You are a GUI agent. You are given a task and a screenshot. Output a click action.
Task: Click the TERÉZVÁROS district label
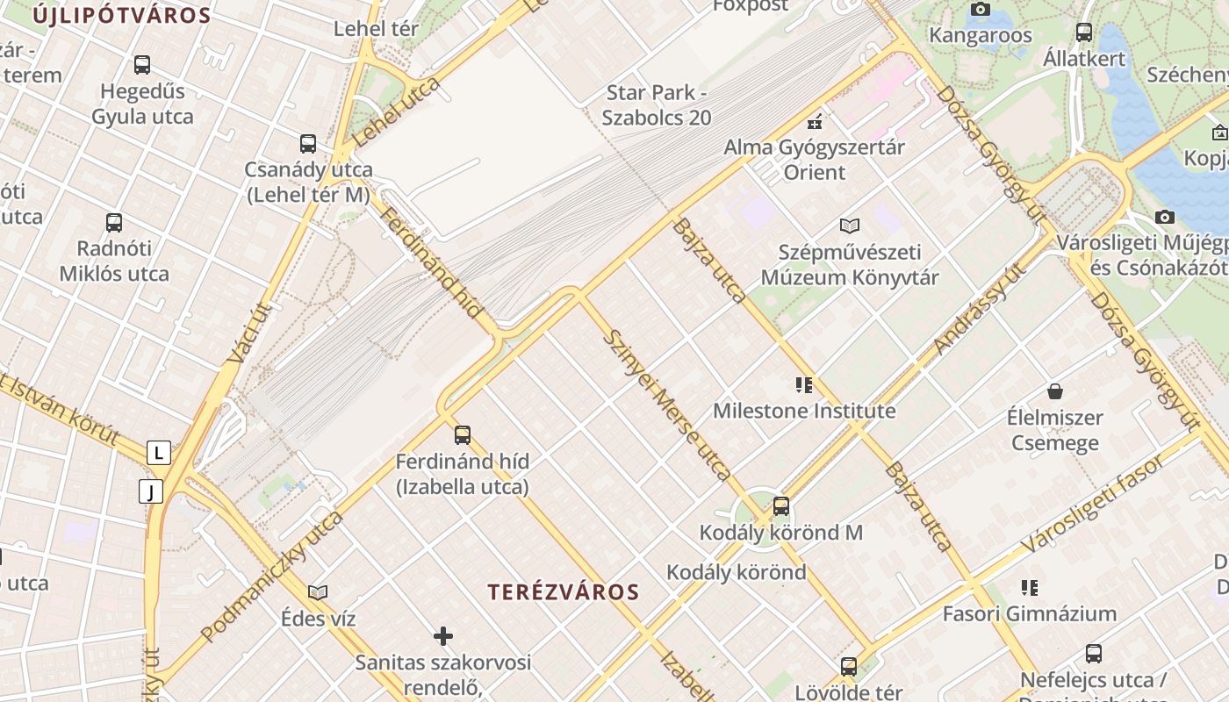click(x=564, y=591)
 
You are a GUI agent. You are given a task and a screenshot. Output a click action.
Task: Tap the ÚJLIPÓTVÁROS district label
click(x=123, y=15)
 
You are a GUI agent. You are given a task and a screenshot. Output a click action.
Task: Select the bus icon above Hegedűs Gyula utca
click(x=141, y=65)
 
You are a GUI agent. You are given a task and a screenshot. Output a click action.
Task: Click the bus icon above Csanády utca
click(x=307, y=144)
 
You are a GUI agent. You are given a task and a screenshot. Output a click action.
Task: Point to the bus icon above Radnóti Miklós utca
click(x=113, y=223)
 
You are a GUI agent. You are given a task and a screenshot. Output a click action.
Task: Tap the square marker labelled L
click(x=158, y=453)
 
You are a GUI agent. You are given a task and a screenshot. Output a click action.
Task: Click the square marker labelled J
click(x=151, y=491)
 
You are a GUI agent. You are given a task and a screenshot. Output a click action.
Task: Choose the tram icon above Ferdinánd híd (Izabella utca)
click(x=462, y=435)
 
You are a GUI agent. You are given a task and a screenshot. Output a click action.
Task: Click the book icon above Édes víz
click(x=318, y=593)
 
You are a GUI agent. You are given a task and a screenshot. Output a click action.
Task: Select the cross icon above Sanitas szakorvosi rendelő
click(x=443, y=636)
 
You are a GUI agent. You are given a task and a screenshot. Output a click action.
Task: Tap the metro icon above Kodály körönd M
click(x=780, y=506)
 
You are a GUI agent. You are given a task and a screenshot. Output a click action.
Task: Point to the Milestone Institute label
click(x=804, y=411)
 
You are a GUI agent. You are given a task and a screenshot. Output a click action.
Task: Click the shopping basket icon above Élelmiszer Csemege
click(x=1054, y=391)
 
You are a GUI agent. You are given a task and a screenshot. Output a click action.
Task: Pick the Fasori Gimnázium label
click(x=1029, y=613)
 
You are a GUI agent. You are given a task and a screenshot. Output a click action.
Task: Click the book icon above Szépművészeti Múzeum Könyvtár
click(x=849, y=226)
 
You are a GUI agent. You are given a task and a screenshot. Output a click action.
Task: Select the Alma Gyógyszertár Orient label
click(x=814, y=159)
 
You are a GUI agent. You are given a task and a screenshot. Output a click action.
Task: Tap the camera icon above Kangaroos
click(x=980, y=10)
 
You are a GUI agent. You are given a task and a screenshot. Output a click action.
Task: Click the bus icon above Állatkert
click(x=1084, y=32)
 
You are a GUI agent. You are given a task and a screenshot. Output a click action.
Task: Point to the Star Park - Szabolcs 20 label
click(x=658, y=104)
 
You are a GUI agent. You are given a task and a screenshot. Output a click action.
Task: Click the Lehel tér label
click(x=376, y=28)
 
